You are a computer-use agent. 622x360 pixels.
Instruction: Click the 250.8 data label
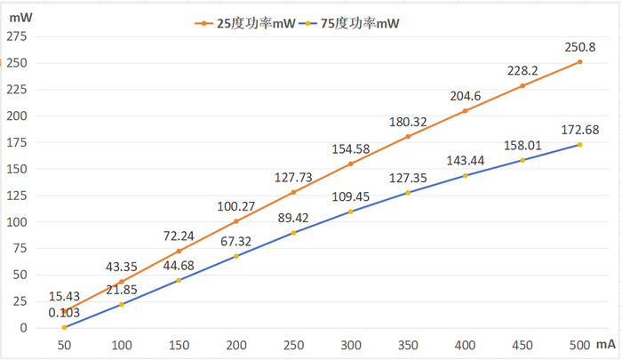[579, 46]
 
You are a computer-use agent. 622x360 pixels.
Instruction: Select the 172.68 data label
[580, 129]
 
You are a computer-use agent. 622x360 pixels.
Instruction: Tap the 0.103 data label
[64, 312]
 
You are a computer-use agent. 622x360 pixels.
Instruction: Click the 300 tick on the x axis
[350, 343]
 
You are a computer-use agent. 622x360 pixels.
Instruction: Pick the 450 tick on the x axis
[522, 343]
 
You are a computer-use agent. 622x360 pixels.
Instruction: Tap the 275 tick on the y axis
[17, 36]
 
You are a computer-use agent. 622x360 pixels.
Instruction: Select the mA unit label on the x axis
[607, 343]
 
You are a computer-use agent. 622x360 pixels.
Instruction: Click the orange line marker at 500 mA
[579, 61]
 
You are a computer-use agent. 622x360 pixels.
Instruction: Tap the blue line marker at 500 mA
[579, 145]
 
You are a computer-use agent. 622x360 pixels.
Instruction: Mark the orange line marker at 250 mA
[293, 192]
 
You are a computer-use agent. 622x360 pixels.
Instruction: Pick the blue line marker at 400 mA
[465, 175]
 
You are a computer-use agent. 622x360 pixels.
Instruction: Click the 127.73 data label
[294, 176]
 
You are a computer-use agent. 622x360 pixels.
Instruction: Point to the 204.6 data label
[465, 95]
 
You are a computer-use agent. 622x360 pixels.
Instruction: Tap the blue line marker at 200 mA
[235, 256]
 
